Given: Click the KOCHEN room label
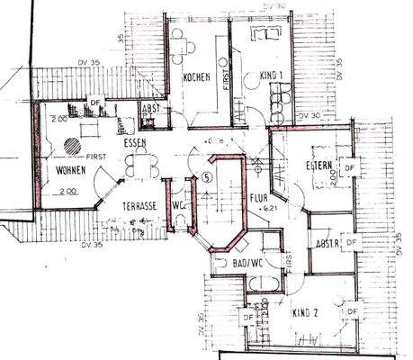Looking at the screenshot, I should [196, 78].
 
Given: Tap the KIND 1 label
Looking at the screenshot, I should [269, 76].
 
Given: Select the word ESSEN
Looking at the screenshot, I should [137, 142].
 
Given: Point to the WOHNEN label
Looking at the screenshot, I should [69, 168].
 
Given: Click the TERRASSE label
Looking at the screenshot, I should [139, 205].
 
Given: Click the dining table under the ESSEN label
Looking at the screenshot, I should [139, 165].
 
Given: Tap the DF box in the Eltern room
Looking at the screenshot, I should [352, 167].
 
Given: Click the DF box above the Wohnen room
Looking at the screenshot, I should [94, 103].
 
